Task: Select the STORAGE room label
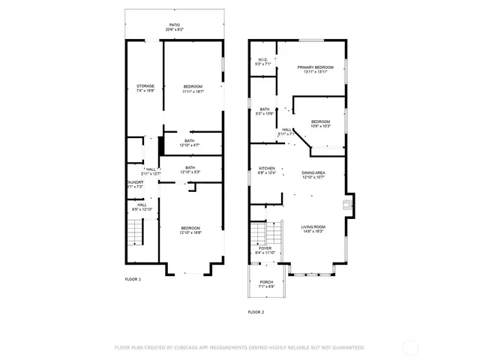coord(145,88)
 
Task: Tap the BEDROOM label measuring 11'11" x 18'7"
coord(193,88)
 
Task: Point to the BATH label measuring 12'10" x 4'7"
coord(190,142)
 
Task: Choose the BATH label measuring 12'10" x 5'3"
coord(190,169)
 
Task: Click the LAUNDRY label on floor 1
coord(135,184)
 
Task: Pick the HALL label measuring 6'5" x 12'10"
coord(142,206)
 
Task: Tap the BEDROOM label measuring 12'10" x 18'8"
coord(190,229)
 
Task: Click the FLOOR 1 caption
coord(133,279)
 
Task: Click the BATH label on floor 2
coord(265,111)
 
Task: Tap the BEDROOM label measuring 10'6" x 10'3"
coord(321,123)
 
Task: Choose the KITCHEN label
coord(267,170)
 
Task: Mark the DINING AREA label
coord(313,175)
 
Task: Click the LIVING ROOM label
coord(313,229)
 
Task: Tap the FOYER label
coord(265,250)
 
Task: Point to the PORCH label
coord(266,284)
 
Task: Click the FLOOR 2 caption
coord(256,311)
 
